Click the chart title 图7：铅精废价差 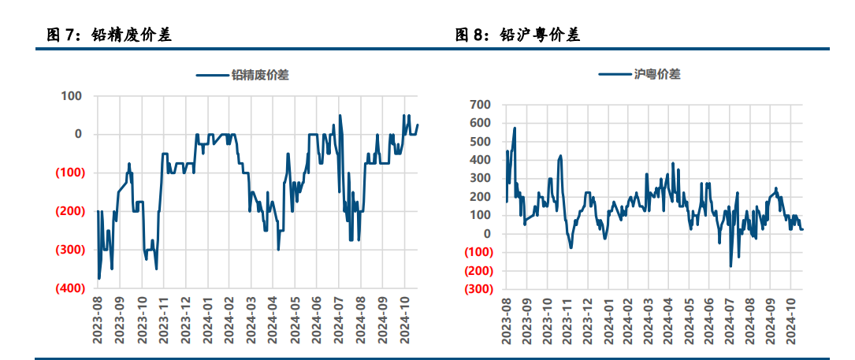(110, 35)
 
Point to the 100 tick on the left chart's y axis (72, 96)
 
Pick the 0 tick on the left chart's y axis (78, 135)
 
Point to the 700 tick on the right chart (479, 105)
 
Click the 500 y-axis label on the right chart (479, 142)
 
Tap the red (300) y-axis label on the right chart (476, 289)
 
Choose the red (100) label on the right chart (476, 253)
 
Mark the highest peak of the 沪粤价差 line (515, 128)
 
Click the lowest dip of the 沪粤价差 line (730, 266)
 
